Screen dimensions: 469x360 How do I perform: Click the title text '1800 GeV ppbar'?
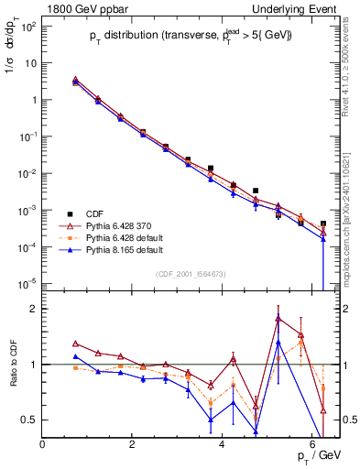[80, 7]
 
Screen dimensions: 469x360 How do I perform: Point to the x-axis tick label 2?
[133, 445]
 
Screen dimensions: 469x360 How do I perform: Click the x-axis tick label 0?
[43, 445]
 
